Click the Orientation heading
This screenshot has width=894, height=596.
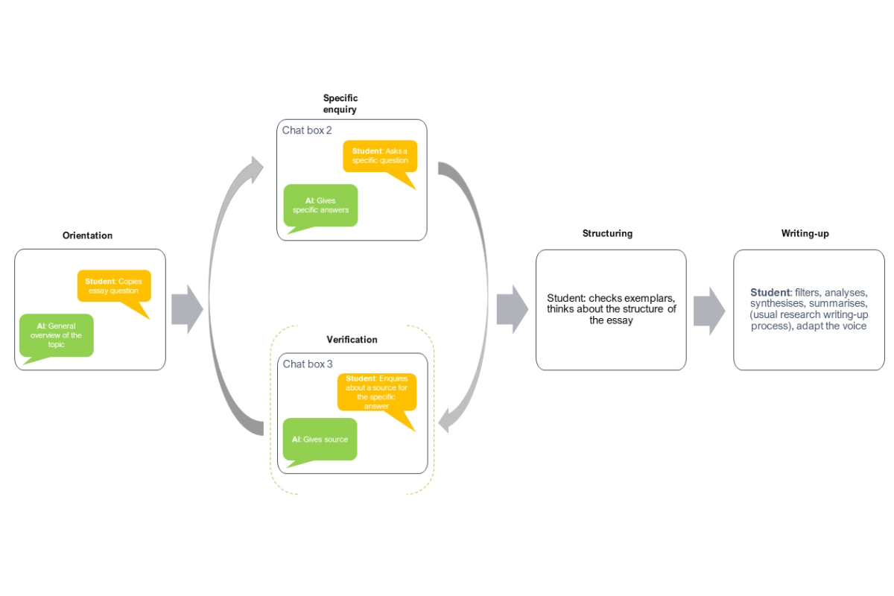tap(87, 235)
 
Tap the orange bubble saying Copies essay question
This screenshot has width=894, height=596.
tap(114, 286)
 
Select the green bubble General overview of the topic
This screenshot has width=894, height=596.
tap(57, 335)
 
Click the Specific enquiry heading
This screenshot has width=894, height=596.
tap(340, 104)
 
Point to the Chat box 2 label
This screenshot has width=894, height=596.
tap(307, 130)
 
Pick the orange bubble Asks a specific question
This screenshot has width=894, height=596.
tap(380, 156)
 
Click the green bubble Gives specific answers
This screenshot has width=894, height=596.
tap(320, 205)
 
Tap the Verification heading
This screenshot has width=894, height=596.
tap(352, 340)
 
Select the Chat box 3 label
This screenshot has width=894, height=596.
tap(308, 364)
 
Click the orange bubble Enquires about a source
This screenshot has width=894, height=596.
tap(377, 392)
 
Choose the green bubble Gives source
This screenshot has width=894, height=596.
tap(320, 440)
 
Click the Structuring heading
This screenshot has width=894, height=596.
tap(607, 233)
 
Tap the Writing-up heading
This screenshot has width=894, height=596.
tap(805, 233)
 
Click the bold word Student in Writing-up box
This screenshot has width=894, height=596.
tap(770, 293)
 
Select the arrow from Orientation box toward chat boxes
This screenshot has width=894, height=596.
tap(187, 309)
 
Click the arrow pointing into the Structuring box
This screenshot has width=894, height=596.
tap(512, 309)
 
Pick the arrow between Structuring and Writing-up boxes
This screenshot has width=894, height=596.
tap(708, 309)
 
